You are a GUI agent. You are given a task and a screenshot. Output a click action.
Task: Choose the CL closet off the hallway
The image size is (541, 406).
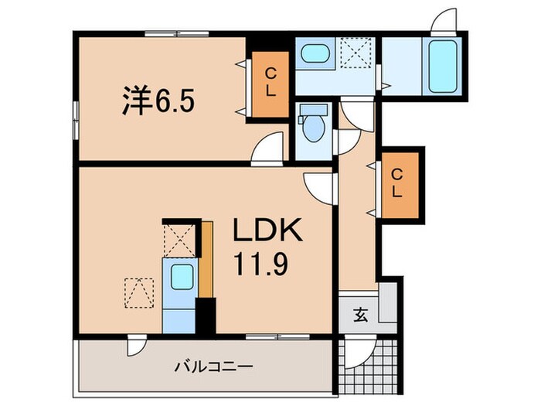[396, 182]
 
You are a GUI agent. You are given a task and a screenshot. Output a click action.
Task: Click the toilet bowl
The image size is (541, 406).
[313, 128]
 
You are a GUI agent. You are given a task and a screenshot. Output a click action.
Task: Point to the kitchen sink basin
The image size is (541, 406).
[182, 275]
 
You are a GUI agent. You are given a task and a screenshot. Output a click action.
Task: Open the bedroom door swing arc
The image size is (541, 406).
[267, 147]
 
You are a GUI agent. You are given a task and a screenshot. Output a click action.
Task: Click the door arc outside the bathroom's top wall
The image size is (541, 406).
[444, 19]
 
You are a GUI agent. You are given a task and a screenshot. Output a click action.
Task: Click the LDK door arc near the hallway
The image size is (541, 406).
[318, 184]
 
